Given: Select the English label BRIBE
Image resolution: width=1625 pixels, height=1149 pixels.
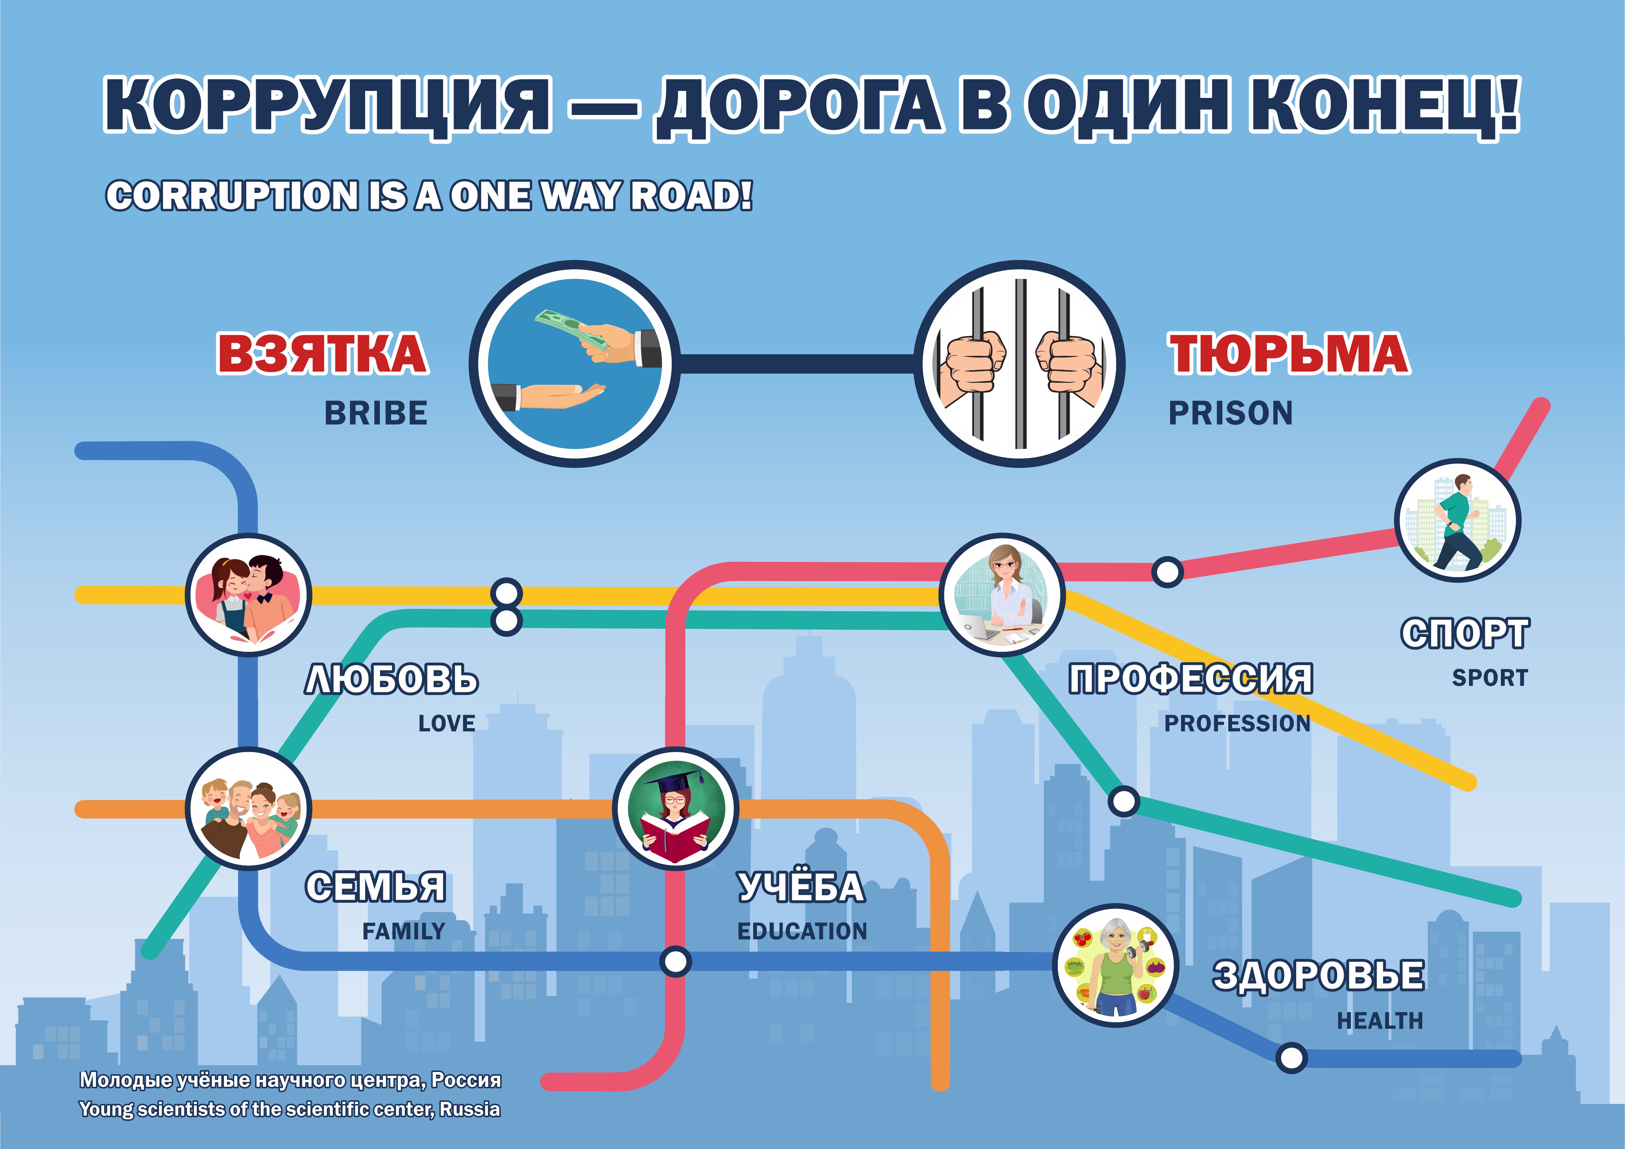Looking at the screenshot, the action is [376, 413].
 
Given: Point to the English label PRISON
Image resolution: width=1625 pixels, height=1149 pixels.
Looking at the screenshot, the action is [1230, 413].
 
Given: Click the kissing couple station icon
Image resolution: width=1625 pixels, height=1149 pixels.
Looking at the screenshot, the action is [249, 595].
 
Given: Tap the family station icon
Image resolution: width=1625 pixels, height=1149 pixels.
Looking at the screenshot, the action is [249, 808].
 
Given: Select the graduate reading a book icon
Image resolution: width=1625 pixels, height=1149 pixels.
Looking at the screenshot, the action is [676, 808].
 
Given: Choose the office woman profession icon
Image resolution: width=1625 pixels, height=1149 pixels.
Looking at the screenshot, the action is [1002, 595].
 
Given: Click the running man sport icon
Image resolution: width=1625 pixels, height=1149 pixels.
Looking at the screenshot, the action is [1457, 520].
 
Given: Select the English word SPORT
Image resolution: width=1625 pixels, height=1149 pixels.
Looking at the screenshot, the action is [1490, 677].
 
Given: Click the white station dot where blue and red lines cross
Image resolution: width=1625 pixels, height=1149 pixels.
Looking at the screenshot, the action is [675, 961].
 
